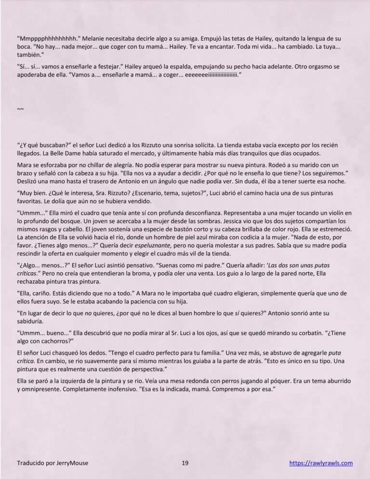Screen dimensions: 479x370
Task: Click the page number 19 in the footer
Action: (185, 463)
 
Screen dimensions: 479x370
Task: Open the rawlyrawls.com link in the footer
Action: (321, 463)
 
